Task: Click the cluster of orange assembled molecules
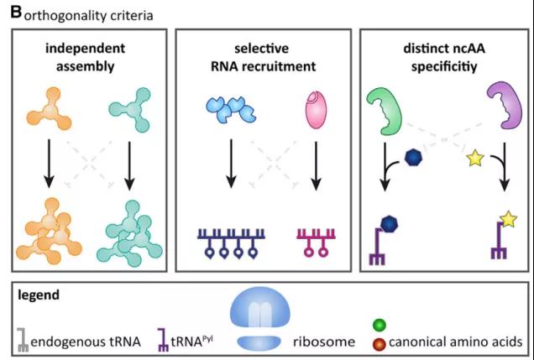click(52, 227)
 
